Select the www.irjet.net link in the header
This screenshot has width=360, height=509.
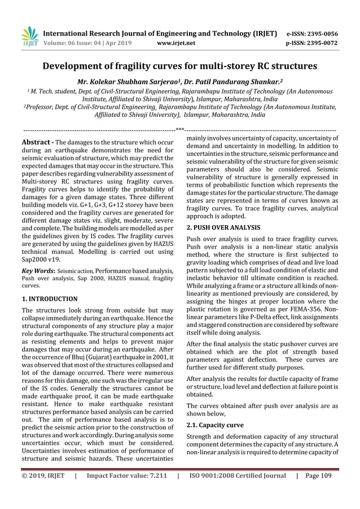pyautogui.click(x=178, y=42)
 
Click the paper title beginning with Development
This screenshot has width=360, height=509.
pyautogui.click(x=180, y=65)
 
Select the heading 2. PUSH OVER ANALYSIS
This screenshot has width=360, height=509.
pyautogui.click(x=227, y=227)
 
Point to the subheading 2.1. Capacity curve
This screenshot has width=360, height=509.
pyautogui.click(x=216, y=424)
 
